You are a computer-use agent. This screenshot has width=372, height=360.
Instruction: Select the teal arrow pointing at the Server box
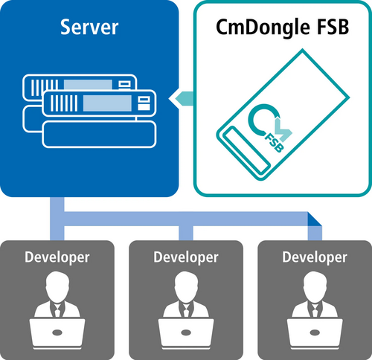coord(182,97)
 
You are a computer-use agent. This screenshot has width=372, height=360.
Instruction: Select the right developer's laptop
coord(315,328)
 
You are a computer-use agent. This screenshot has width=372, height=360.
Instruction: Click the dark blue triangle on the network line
coord(315,220)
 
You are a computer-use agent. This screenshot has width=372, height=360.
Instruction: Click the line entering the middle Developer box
coord(186,232)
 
